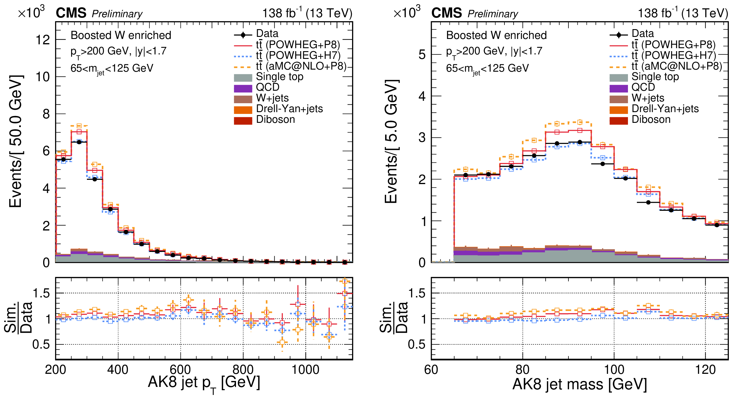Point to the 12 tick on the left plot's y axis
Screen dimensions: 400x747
(43, 40)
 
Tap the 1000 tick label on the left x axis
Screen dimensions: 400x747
(305, 370)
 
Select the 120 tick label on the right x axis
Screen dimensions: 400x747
(705, 370)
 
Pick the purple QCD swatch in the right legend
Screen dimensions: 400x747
(618, 88)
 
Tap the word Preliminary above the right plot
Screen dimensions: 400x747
(493, 14)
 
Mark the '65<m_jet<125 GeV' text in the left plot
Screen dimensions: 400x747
(112, 69)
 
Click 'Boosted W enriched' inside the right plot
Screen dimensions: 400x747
(496, 35)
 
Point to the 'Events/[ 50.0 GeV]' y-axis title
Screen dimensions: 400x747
(15, 141)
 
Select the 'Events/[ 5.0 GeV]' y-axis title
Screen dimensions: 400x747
(391, 141)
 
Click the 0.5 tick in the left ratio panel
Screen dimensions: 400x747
(41, 344)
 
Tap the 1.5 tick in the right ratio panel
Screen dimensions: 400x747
(417, 294)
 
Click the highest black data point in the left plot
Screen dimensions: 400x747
(79, 142)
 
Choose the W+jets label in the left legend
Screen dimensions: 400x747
(272, 98)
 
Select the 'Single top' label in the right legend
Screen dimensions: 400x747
(655, 77)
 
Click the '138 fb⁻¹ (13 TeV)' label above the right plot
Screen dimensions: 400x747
(683, 13)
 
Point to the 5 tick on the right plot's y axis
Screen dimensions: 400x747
(422, 55)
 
